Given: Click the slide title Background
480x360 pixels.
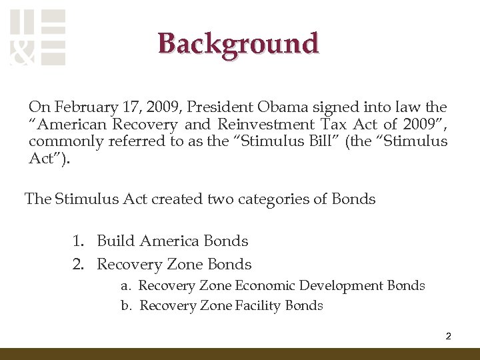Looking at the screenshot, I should [239, 43].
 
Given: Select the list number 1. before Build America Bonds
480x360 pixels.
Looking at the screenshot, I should [79, 241].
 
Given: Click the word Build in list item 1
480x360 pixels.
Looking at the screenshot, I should [115, 241].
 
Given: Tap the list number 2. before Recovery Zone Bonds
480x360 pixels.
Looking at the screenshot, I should [79, 265].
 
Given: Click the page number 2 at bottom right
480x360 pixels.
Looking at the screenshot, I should [448, 336].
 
